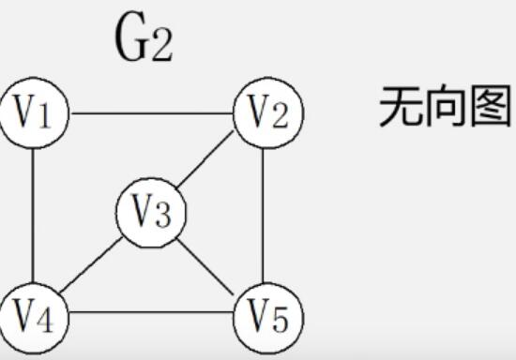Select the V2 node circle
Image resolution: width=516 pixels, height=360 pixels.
click(x=267, y=114)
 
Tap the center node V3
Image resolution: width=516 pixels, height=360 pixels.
click(x=151, y=214)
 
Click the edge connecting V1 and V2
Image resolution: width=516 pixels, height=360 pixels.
click(x=150, y=113)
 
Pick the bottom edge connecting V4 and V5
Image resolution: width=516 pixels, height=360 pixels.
click(x=150, y=314)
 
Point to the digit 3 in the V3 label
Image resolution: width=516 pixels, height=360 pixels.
click(x=163, y=216)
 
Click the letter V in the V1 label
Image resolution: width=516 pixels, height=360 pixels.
click(x=25, y=113)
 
